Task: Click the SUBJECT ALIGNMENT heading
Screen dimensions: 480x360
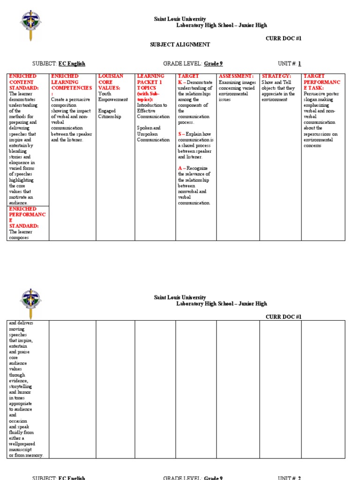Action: [x=180, y=45]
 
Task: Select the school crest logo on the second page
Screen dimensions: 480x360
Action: [x=30, y=301]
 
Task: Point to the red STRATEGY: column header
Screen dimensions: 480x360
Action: [x=276, y=76]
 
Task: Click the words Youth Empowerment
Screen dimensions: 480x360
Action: [x=112, y=97]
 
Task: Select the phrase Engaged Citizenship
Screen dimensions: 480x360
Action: [x=110, y=114]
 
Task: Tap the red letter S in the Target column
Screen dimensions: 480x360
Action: [x=180, y=134]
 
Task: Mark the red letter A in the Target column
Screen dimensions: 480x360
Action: [x=180, y=168]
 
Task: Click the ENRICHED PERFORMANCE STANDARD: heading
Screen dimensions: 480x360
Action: [x=27, y=217]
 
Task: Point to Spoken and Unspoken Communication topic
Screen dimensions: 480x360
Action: [x=153, y=134]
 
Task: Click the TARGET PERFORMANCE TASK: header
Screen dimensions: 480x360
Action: [x=321, y=82]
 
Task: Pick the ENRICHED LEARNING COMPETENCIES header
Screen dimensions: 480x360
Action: [x=71, y=82]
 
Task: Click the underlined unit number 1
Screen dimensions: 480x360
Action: [x=300, y=64]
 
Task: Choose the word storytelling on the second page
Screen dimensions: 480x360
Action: [x=21, y=387]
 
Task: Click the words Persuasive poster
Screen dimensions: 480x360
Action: [x=321, y=93]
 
